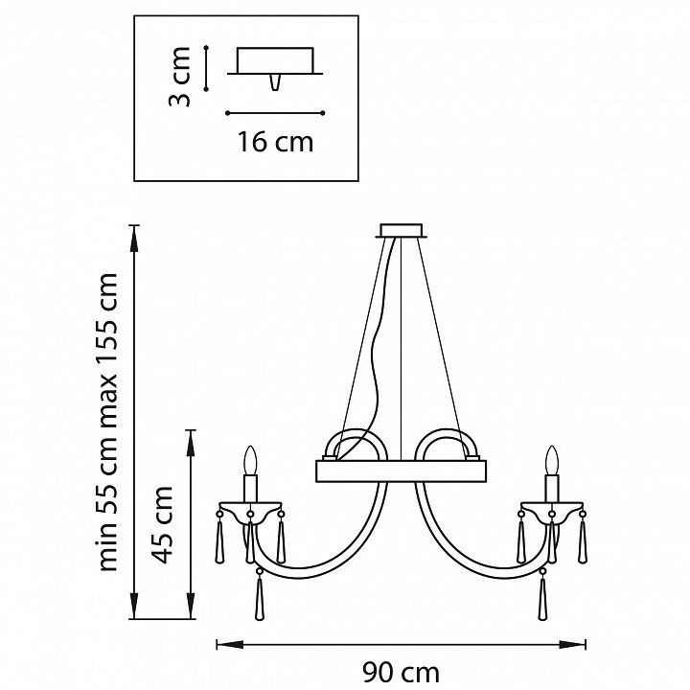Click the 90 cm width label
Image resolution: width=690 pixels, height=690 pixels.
[x=401, y=673]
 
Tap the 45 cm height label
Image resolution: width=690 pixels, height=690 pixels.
[x=162, y=525]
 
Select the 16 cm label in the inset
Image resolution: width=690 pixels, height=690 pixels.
[x=275, y=142]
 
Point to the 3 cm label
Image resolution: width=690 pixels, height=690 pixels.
[x=179, y=77]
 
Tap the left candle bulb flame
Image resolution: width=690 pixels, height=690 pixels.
[x=250, y=461]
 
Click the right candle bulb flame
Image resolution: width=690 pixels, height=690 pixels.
[x=552, y=461]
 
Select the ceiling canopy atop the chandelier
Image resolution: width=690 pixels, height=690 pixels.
[x=402, y=232]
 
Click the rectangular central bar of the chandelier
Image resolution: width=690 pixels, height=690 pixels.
[x=402, y=471]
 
